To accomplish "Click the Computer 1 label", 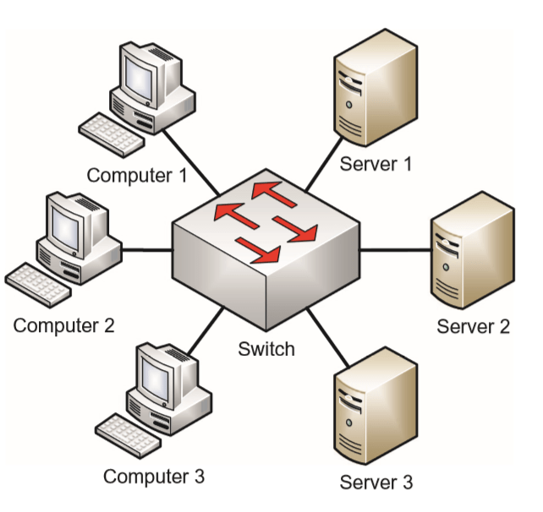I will point(137,176).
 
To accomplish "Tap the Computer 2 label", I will point(63,324).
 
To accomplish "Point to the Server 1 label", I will point(376,163).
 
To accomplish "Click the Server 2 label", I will point(474,326).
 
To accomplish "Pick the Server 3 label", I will point(376,482).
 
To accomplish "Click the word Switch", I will point(266,348).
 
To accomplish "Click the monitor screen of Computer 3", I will point(156,373).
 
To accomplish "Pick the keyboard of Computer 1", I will point(109,131).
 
